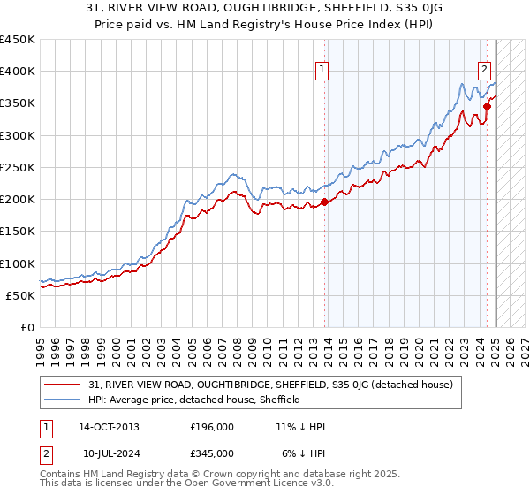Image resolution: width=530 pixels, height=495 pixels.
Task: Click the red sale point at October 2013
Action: pos(324,202)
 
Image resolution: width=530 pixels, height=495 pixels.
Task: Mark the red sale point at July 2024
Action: pos(487,106)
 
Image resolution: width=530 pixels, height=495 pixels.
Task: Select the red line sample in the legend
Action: pos(64,385)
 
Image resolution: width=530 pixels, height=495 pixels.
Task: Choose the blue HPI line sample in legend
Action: pos(64,400)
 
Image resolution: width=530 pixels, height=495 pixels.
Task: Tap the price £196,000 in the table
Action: pos(212,427)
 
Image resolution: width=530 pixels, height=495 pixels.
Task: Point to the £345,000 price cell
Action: pos(212,453)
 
